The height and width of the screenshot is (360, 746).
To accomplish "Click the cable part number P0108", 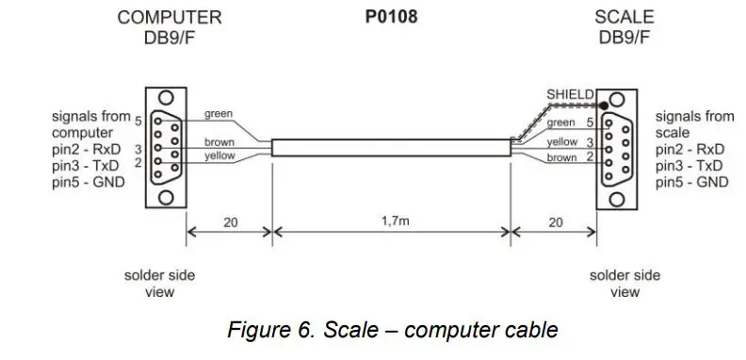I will coord(391,17).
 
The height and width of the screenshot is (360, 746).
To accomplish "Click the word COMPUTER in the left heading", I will coord(170,17).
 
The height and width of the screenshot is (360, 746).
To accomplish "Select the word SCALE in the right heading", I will coord(624,17).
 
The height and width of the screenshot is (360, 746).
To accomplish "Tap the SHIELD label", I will coord(570,94).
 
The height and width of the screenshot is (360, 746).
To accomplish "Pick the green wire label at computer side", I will coord(219,115).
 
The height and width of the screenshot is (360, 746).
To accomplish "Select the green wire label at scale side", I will coord(560,123).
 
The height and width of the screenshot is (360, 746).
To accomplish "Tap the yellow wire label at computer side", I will coord(219,156).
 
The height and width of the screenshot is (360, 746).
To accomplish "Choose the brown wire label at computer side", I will coord(219,142).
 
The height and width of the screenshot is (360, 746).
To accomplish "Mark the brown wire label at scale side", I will coord(561,158).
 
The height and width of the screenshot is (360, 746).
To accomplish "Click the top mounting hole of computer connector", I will coord(167,97).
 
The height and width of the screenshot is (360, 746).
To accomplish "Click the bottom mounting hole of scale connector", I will coord(617,198).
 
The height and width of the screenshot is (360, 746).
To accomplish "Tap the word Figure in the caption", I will coord(259,331).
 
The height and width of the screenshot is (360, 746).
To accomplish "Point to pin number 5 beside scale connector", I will coord(591,123).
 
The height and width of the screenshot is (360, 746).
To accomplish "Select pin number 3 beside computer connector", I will coord(138,149).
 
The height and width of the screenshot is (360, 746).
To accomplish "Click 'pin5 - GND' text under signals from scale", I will coord(692,182).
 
